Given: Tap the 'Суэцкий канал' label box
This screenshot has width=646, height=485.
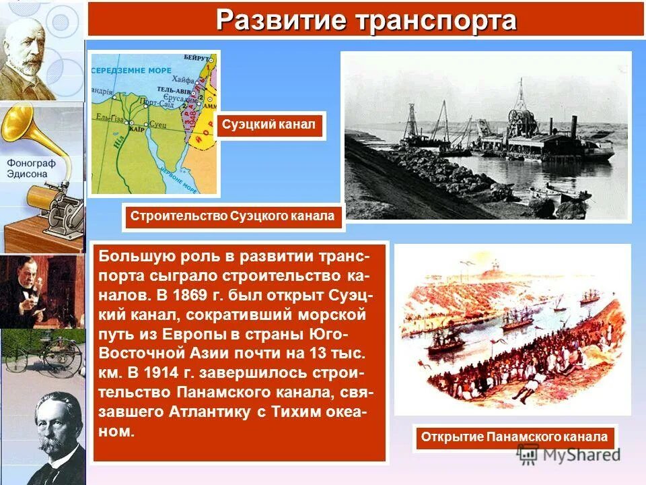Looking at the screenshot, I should click(271, 125).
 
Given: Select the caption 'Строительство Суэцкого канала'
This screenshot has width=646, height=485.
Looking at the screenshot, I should click(232, 216).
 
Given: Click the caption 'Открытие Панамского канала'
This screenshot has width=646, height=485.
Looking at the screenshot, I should click(514, 437).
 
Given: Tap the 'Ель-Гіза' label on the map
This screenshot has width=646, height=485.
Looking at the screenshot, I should click(108, 117).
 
